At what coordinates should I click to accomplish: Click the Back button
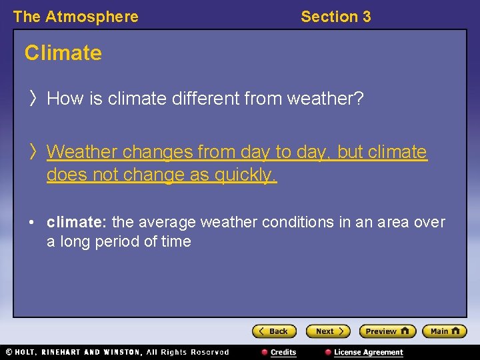(274, 331)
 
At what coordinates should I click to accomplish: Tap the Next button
(327, 331)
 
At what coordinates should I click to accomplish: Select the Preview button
(387, 331)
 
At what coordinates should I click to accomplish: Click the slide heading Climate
(63, 53)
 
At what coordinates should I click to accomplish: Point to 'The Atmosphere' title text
(75, 17)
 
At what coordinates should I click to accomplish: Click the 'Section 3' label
(335, 17)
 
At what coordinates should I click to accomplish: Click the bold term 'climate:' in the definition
(77, 222)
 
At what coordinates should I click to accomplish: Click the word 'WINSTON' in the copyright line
(123, 352)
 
